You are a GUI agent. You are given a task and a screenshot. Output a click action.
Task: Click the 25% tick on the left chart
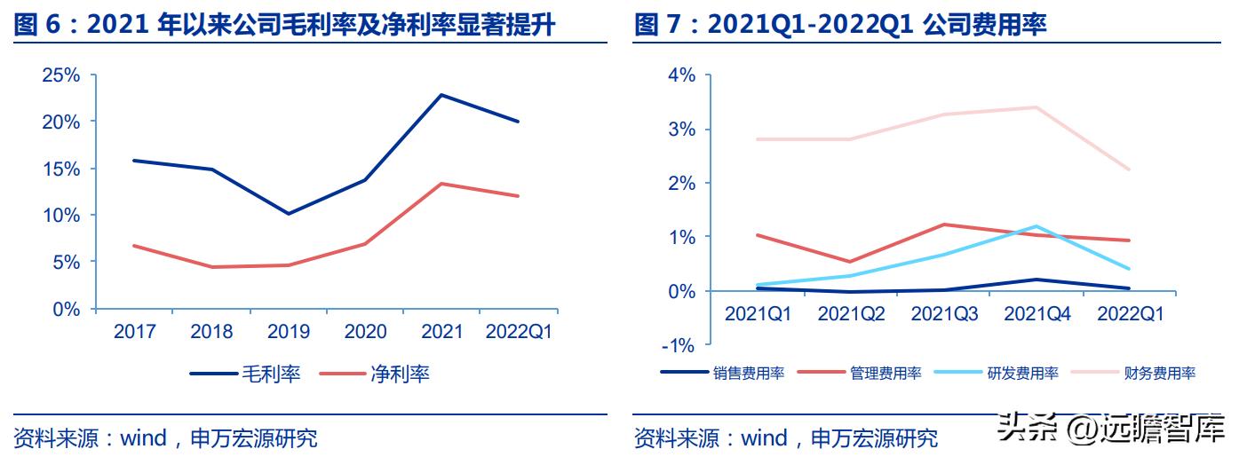(60, 75)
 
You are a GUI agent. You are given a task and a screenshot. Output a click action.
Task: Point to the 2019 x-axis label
(288, 332)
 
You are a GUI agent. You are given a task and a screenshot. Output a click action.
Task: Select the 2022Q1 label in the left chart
(520, 332)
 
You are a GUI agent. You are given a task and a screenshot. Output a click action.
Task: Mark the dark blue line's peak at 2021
(442, 95)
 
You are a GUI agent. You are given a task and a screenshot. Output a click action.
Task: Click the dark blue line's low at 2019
(288, 214)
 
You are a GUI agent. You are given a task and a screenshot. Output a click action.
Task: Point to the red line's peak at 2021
(442, 184)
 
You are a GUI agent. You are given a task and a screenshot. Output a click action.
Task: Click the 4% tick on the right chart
(682, 75)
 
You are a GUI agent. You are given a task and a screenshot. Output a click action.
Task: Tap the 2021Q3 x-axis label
(944, 313)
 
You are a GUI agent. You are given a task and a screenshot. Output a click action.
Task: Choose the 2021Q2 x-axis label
(851, 313)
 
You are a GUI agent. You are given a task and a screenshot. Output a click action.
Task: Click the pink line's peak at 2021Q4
(1036, 107)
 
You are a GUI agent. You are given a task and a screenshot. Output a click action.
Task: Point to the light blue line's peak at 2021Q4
(1036, 226)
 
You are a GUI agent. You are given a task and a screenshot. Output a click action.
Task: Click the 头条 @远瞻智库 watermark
(1110, 432)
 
